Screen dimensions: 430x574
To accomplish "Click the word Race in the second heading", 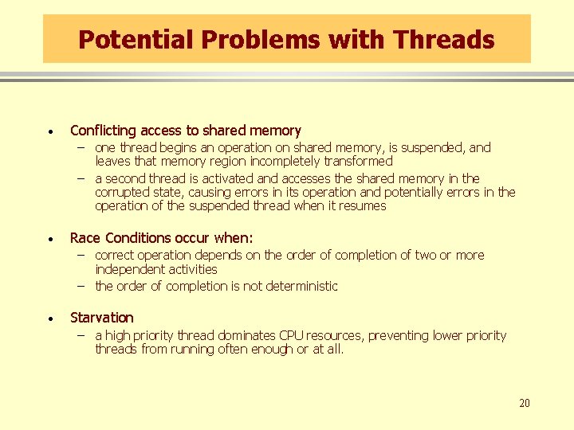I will [x=85, y=238].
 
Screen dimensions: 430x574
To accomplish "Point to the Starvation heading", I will [x=102, y=318].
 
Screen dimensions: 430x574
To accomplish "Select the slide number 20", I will [x=524, y=404].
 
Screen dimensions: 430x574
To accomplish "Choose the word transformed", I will [x=357, y=161].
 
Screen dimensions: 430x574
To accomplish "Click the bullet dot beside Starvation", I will [x=50, y=319].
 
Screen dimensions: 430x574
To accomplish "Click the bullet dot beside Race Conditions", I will [x=50, y=239].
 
